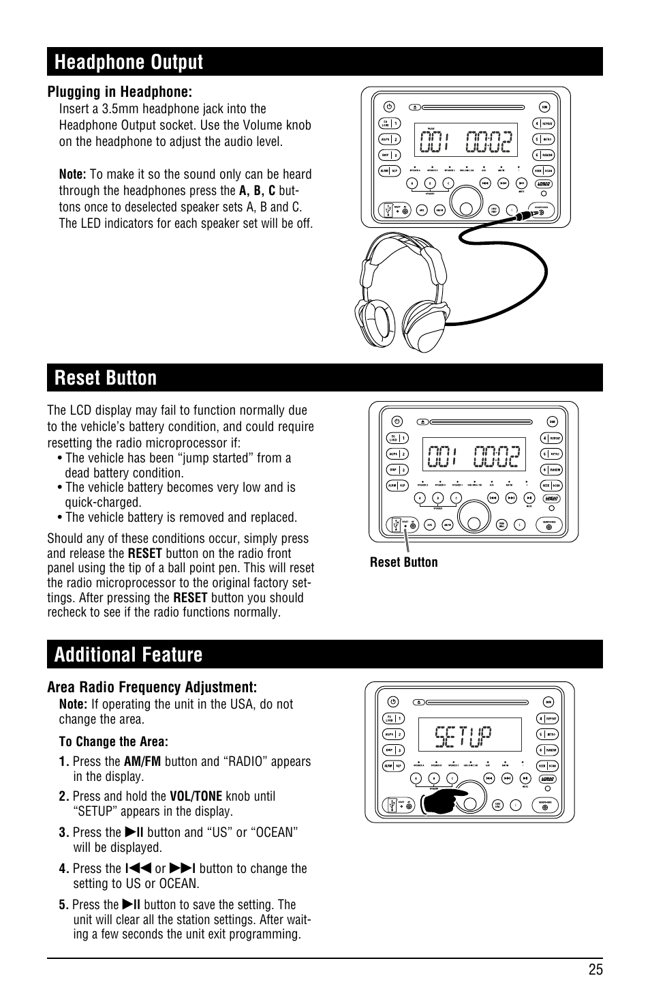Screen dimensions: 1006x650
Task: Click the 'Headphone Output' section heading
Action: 129,62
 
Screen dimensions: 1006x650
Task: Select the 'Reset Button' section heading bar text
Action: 106,378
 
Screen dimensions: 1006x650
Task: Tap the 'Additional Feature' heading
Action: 128,655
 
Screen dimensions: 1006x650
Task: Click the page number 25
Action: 595,970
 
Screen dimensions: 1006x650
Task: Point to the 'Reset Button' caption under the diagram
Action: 403,563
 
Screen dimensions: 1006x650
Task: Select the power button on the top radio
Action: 388,106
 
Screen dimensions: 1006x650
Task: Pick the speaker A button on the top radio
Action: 412,183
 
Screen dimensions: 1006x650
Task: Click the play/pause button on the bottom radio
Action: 525,778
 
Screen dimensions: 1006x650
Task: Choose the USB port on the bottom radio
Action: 392,805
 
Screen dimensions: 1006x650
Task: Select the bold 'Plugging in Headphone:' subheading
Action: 119,92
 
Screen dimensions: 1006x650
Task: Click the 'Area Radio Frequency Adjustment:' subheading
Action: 152,687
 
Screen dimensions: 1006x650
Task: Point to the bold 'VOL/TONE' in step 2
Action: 196,796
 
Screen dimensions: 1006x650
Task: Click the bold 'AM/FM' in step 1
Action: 142,761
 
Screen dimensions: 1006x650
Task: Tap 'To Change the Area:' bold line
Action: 113,741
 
